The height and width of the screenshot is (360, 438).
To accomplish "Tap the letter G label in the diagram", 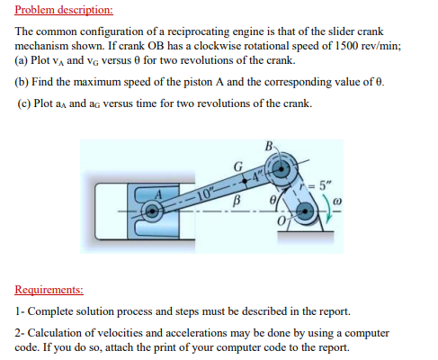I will click(237, 166).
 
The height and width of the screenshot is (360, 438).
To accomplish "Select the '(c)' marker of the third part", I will click(26, 103).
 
